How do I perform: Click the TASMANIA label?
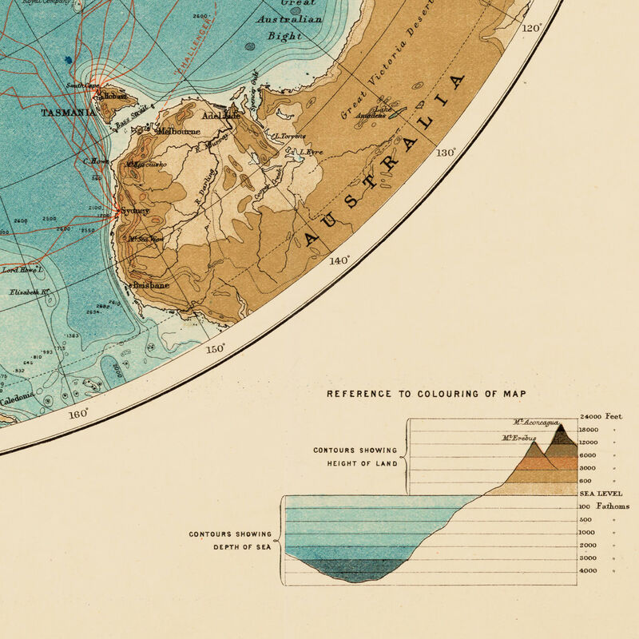tap(69, 113)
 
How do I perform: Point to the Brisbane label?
tap(149, 285)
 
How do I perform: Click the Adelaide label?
tap(221, 116)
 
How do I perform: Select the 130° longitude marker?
tap(445, 152)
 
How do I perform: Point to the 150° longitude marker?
tap(216, 349)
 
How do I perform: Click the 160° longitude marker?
tap(78, 414)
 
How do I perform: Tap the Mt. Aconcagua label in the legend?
tap(537, 423)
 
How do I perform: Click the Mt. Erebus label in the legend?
tap(519, 438)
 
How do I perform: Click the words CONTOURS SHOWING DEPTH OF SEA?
tap(230, 541)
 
